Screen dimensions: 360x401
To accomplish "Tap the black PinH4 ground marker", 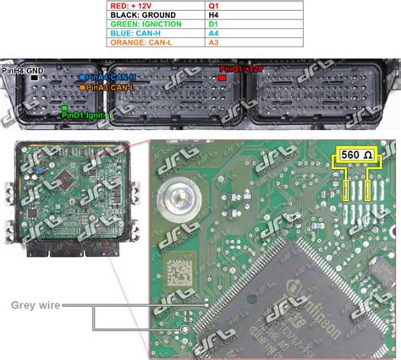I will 34,77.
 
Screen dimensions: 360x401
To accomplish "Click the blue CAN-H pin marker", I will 81,77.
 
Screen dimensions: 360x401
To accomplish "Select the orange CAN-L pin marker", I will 81,86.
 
